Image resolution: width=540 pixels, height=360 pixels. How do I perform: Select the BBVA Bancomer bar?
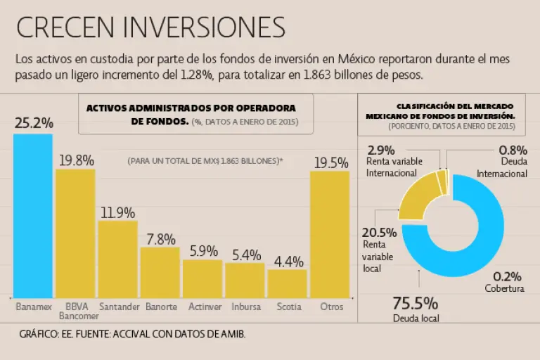[75, 232]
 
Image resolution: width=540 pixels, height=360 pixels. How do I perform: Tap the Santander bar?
[117, 259]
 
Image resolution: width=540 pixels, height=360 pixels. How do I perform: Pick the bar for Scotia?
[287, 283]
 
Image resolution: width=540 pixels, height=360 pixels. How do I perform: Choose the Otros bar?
[330, 233]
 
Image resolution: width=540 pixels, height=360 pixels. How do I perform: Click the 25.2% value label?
[34, 123]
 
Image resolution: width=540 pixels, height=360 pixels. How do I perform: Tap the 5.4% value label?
[245, 254]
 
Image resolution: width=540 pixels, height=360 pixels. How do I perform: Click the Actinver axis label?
[202, 307]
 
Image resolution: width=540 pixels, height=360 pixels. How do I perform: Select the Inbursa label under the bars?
[245, 307]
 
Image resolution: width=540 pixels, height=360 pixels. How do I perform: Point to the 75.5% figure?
[415, 304]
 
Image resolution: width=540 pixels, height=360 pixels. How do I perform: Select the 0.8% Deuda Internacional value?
[513, 150]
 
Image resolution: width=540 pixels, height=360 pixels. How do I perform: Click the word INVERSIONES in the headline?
[204, 27]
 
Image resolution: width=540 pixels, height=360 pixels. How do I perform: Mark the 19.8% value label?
[76, 160]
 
